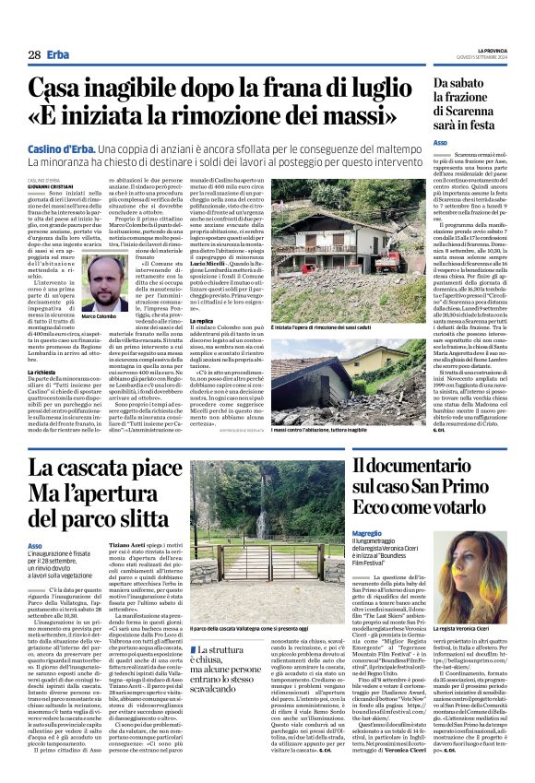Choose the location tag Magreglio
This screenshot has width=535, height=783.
pyautogui.click(x=368, y=534)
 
